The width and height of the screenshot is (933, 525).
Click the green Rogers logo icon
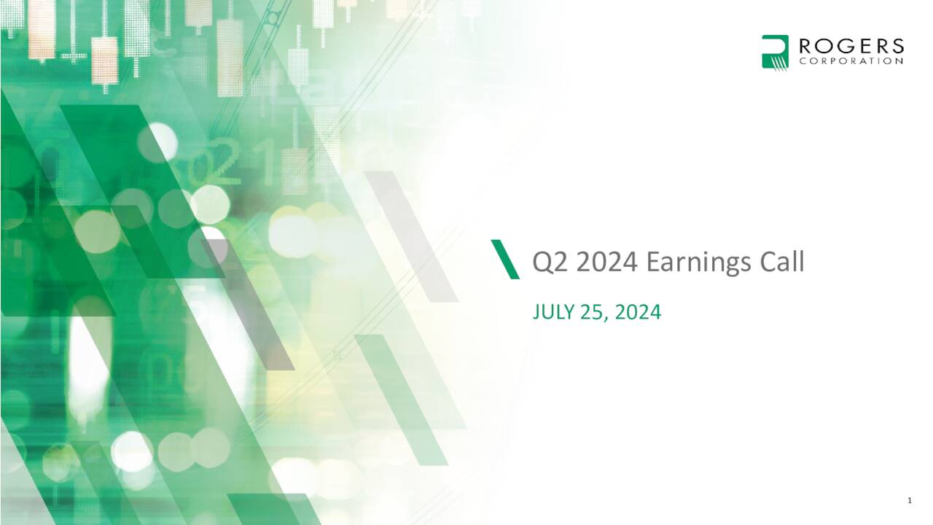[x=776, y=52]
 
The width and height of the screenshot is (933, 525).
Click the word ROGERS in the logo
[x=851, y=47]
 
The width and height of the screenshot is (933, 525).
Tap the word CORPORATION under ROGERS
[x=851, y=62]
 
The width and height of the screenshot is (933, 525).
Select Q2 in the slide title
[x=550, y=262]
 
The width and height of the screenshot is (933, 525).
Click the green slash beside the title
[x=505, y=259]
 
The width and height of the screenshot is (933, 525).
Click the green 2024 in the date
[x=638, y=313]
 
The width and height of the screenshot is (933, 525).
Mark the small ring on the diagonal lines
[x=272, y=17]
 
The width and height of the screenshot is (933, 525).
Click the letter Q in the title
[x=542, y=262]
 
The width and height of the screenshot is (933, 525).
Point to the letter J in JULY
[x=537, y=313]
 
